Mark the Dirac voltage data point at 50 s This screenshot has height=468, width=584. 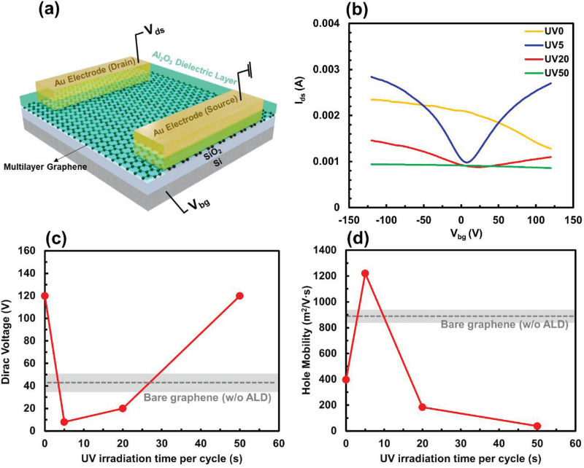click(239, 295)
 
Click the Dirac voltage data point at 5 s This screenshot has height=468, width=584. click(64, 421)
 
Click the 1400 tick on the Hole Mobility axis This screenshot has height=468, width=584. click(327, 250)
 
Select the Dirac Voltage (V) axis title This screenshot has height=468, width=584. click(9, 340)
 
